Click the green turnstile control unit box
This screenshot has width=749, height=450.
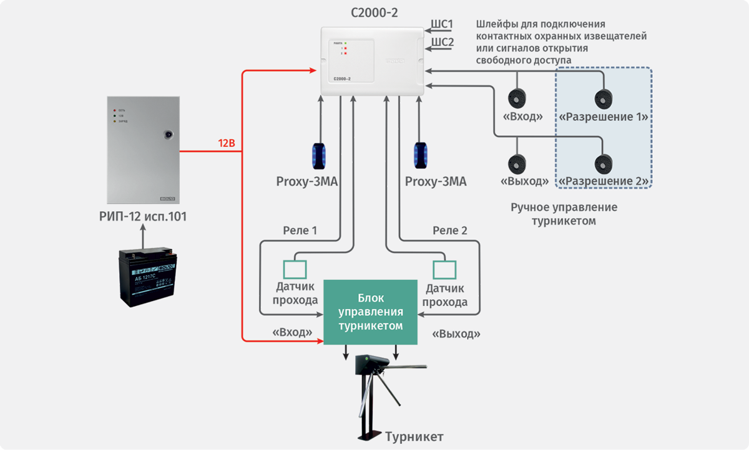click(370, 312)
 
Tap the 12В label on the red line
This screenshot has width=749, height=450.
click(226, 144)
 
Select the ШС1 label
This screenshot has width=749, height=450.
click(442, 24)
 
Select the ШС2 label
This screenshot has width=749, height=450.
click(442, 42)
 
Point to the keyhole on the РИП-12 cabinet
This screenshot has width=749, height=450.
click(167, 133)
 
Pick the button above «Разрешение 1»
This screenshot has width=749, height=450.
click(602, 98)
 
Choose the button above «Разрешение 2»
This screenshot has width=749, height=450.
click(602, 163)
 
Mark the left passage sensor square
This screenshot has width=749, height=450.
click(295, 269)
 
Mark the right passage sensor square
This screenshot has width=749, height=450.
click(444, 269)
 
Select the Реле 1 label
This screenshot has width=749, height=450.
click(300, 231)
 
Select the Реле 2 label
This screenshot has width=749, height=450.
click(450, 231)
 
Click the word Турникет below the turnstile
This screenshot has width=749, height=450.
click(414, 436)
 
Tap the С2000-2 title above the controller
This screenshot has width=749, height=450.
click(373, 11)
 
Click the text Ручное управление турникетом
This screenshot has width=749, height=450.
click(563, 214)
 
